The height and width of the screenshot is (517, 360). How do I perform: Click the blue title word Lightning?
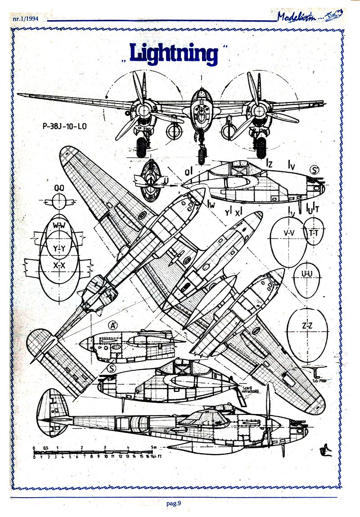173,53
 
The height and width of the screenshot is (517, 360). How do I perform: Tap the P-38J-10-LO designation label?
62,126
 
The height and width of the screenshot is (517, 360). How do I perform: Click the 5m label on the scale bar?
154,447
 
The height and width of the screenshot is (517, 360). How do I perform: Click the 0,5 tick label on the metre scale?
45,447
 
